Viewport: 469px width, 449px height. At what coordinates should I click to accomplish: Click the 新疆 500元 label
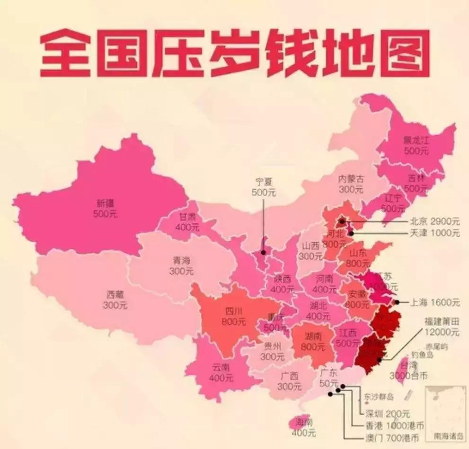coord(106,209)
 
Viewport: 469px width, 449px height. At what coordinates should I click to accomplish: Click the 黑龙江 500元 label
coord(415,145)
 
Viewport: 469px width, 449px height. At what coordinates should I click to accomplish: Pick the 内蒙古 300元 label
coord(351,184)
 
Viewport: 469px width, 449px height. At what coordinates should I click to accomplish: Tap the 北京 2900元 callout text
coord(434,221)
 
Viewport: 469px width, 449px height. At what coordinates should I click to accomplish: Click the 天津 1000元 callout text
coord(434,233)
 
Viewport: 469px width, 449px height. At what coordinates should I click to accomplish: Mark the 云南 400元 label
coord(222,372)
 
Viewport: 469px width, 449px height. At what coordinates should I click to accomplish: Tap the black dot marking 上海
coord(397,302)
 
